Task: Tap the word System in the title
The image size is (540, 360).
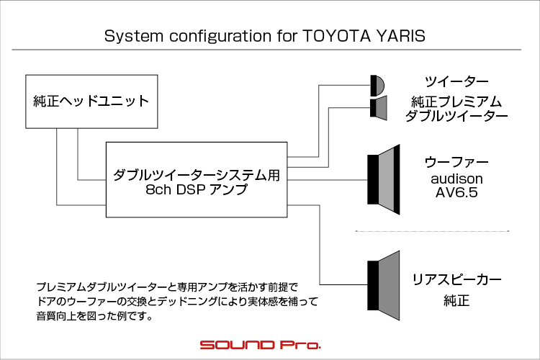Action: coord(134,37)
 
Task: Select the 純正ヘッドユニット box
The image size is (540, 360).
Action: coord(91,102)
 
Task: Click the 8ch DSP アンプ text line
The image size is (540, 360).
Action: coord(197,189)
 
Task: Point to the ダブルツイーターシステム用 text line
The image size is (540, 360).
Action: coord(197,176)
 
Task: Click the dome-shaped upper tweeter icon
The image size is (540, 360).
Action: coord(377,86)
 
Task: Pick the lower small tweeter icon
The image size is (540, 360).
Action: coord(379,108)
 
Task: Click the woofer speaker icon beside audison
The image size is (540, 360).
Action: coord(384,179)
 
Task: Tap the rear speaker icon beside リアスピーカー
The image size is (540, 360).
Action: coord(384,285)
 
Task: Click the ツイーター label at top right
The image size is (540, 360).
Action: coord(456,81)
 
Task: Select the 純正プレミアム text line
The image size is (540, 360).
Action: coord(456,102)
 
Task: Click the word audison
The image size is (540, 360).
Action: coord(456,179)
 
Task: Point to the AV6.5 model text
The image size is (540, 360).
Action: coord(456,192)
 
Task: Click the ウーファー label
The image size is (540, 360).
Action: coord(456,161)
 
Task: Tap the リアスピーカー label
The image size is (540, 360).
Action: coord(456,279)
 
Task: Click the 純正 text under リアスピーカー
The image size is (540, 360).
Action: coord(456,300)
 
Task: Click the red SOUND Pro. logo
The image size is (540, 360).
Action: coord(261,345)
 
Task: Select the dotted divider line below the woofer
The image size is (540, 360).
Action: coord(432,231)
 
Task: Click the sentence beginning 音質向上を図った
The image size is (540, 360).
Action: coord(94,316)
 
